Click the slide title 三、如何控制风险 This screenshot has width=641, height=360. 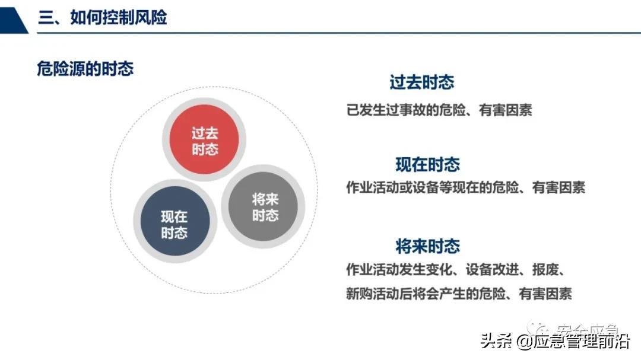tap(102, 17)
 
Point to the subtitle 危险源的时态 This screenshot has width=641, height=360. tap(85, 69)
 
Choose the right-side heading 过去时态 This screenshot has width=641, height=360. tap(422, 82)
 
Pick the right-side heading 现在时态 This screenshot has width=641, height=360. tap(428, 164)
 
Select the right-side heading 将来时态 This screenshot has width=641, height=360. tap(428, 246)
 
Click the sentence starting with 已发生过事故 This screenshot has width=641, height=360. tap(439, 110)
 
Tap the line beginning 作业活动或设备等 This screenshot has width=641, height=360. tap(465, 188)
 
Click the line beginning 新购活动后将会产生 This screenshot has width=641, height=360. tap(459, 294)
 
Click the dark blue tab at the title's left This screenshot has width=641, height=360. tap(13, 17)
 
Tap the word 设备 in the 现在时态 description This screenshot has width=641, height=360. tap(425, 188)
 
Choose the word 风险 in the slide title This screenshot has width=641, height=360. tap(152, 17)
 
